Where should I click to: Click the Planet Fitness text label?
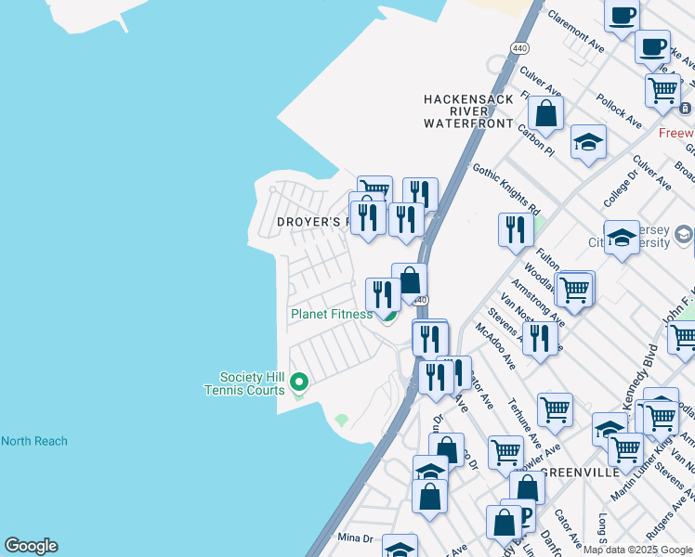331,314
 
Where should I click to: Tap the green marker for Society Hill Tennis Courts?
299,382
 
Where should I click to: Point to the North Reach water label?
34,441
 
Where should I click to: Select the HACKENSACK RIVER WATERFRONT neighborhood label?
468,110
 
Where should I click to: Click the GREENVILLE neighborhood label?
580,473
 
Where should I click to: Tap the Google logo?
31,546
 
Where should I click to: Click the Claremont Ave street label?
576,32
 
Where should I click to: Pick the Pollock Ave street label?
620,110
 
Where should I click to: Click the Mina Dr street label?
355,538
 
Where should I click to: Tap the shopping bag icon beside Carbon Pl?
546,114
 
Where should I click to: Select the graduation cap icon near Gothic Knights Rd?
587,143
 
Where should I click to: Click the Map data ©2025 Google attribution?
636,550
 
